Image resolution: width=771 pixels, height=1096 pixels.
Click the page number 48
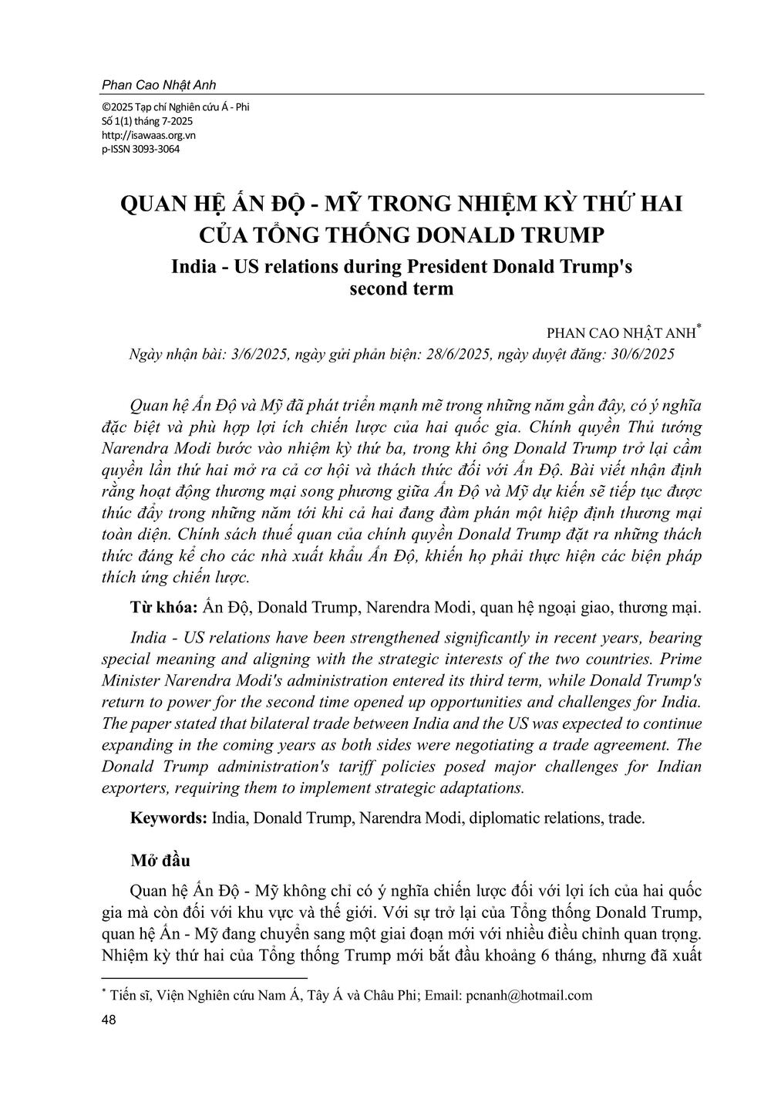tap(109, 1020)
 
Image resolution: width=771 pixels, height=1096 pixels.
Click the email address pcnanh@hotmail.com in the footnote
tap(530, 995)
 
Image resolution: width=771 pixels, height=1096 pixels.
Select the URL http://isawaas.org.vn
tap(148, 135)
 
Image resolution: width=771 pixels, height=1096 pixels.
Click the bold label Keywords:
tap(169, 818)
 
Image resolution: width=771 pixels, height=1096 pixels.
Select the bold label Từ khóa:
tap(165, 608)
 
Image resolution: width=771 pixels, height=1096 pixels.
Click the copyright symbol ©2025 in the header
tap(117, 107)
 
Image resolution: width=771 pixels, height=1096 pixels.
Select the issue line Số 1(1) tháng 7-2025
tap(147, 121)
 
